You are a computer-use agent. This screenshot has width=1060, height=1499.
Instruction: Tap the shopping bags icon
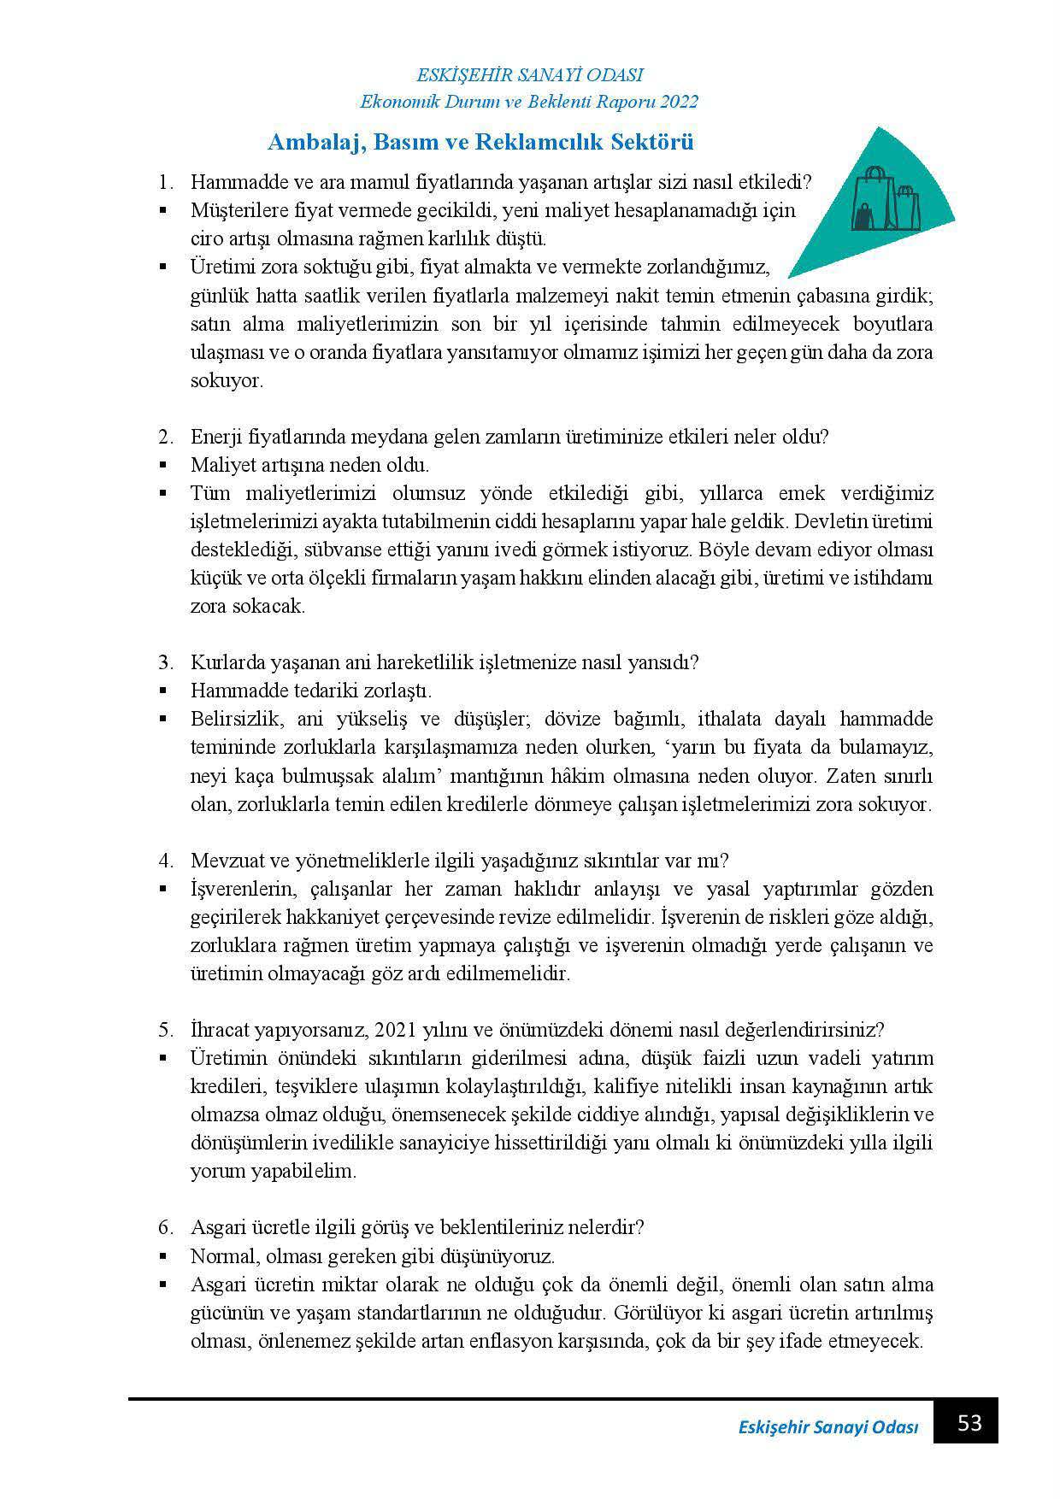point(884,198)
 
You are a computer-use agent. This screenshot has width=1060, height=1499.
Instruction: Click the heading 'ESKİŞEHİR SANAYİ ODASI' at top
point(529,75)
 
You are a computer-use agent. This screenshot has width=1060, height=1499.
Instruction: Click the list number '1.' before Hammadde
point(165,182)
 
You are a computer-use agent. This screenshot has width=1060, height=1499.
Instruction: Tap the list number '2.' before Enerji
point(165,437)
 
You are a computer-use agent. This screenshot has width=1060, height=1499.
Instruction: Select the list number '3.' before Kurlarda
point(165,662)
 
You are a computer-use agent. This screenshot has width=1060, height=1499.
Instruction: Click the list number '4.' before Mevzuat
point(165,860)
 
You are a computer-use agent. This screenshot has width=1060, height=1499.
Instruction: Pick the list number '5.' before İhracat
point(165,1029)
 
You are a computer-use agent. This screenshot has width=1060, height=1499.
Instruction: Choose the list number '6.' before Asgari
point(165,1227)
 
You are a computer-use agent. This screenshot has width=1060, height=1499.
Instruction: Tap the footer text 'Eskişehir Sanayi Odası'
point(827,1428)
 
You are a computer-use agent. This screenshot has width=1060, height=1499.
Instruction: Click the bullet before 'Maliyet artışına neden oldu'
point(162,466)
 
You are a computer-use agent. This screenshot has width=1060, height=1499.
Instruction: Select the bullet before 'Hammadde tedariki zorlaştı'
point(162,691)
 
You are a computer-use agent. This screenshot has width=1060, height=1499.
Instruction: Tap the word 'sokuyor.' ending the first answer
point(226,380)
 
